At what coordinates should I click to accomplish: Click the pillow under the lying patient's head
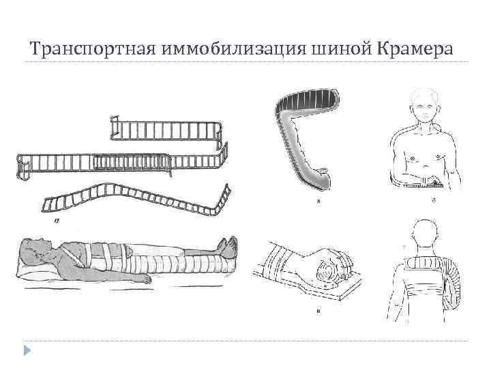(34, 273)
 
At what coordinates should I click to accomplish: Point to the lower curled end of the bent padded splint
(321, 177)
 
